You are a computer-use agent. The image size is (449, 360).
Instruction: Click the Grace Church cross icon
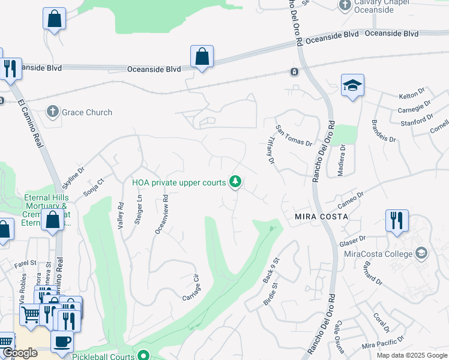tap(53, 112)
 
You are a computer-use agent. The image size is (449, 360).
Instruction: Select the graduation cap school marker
tap(353, 86)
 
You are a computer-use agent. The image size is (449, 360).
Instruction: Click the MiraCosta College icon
tap(421, 253)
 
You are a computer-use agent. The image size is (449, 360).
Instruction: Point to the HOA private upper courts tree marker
tap(236, 181)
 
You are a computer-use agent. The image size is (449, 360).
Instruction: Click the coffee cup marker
tap(62, 342)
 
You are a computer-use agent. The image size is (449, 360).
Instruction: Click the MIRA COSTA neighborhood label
tap(322, 216)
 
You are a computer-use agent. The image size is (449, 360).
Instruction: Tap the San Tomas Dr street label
tap(294, 136)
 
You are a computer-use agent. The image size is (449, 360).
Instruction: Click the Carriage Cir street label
tap(191, 288)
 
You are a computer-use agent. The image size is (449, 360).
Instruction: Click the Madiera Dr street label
tap(342, 160)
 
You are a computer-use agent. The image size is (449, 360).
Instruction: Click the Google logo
tap(20, 353)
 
